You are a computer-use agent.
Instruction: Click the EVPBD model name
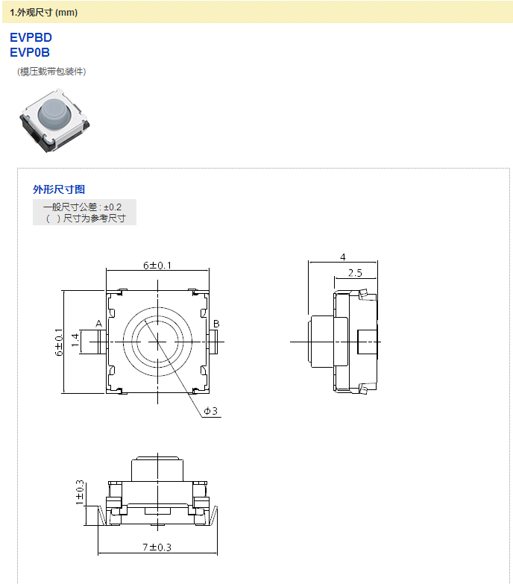[x=31, y=37]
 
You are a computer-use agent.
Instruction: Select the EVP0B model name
[x=30, y=52]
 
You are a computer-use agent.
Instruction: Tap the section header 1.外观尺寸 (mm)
[x=43, y=12]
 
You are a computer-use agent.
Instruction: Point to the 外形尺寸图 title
[x=59, y=189]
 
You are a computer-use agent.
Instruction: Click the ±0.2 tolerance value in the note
[x=113, y=207]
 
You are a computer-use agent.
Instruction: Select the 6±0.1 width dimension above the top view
[x=157, y=266]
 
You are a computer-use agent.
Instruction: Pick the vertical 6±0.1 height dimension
[x=59, y=342]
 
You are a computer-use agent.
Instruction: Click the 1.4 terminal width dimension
[x=75, y=340]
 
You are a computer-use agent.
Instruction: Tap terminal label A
[x=98, y=323]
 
